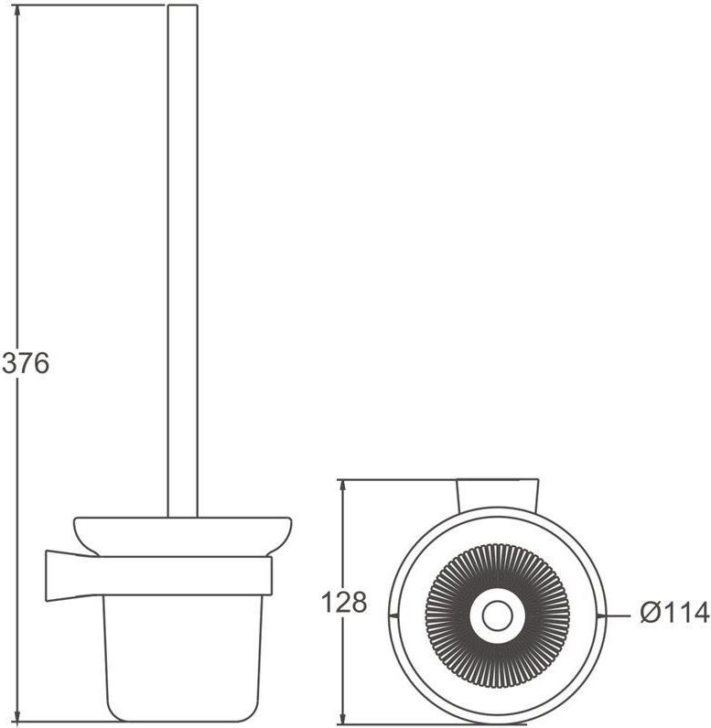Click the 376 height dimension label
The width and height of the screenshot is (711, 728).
tap(25, 363)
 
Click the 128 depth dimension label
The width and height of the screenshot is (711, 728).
tap(344, 603)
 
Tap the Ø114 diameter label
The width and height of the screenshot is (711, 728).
tap(674, 613)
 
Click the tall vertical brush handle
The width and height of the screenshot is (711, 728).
tap(182, 261)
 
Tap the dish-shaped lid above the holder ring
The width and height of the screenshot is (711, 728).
tap(182, 536)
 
